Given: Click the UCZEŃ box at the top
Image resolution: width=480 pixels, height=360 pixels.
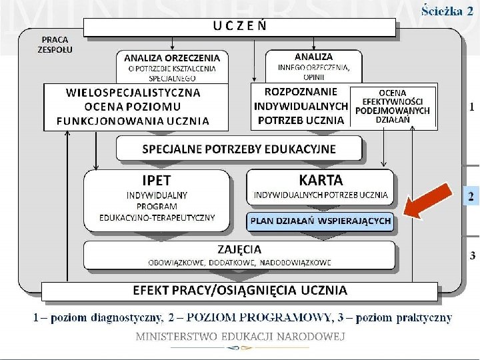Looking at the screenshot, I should pos(241,27).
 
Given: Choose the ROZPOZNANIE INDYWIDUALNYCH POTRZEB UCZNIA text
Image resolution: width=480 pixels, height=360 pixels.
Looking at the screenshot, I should pos(301,106).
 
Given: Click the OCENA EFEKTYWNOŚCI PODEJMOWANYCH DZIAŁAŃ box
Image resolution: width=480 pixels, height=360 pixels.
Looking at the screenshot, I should pos(393,105).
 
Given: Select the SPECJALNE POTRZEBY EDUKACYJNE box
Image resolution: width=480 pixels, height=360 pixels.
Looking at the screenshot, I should pos(239,149).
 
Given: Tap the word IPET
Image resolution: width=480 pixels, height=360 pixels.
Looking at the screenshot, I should pos(157,180).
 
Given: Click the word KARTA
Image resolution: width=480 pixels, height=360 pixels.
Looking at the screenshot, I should pos(321,180).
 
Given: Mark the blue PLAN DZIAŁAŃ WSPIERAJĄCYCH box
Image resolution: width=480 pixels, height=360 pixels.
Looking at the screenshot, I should pos(320,221).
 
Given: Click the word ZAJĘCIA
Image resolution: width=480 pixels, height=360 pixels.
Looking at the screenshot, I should pos(239,249).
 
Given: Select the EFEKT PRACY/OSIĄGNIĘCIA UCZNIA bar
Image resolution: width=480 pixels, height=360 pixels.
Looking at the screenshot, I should pos(240,290).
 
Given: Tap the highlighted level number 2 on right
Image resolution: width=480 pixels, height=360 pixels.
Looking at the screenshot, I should pos(471,197).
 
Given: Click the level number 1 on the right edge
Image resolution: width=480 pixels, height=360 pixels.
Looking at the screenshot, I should pos(471,107).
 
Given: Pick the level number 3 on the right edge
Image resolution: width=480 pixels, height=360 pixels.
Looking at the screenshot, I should pos(472,255).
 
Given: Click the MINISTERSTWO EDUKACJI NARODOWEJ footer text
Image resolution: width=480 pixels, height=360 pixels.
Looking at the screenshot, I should pos(240,337).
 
